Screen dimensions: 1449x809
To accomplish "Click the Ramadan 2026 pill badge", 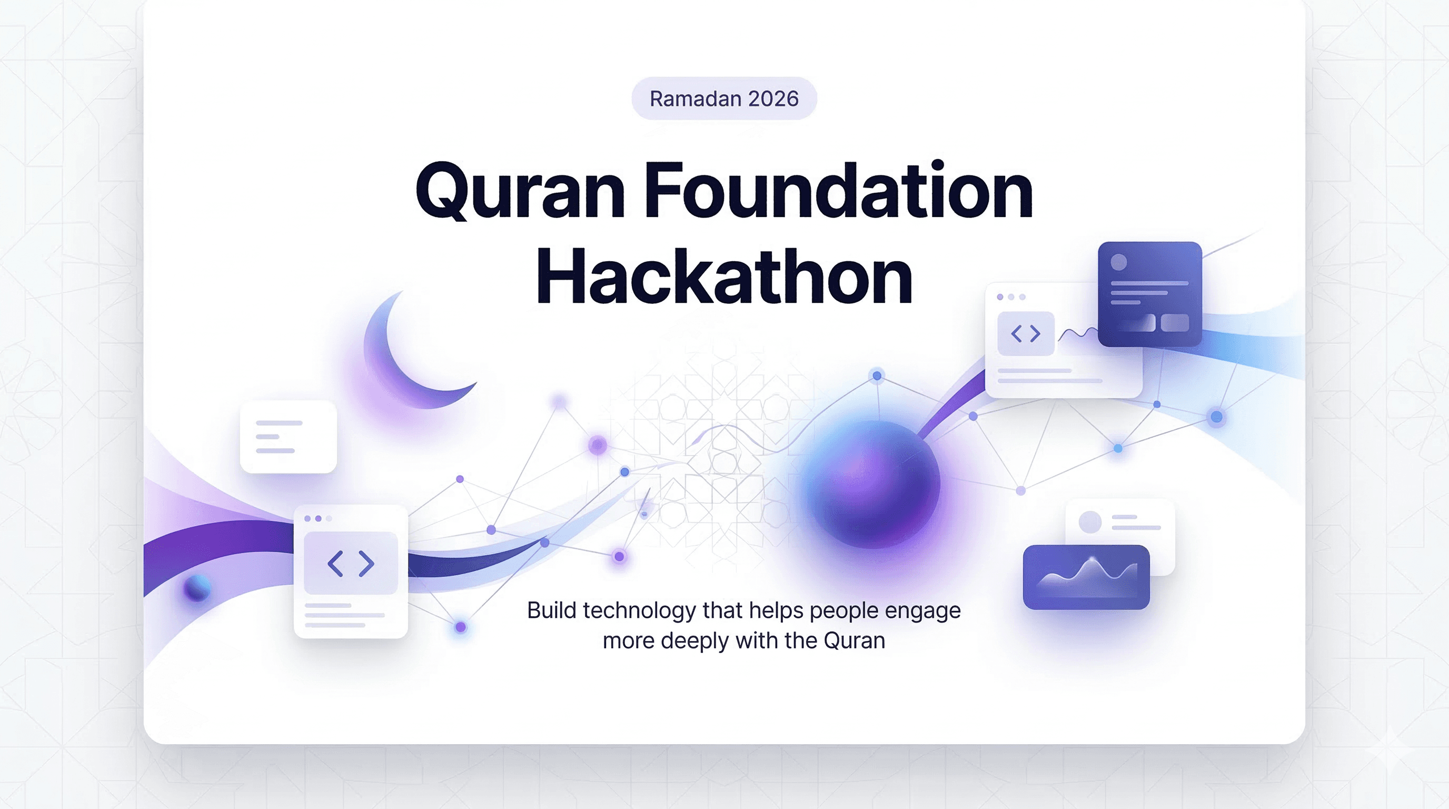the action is (x=724, y=98).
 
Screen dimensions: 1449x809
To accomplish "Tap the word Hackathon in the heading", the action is (x=724, y=275).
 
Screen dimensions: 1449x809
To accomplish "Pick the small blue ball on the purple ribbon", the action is (x=197, y=588).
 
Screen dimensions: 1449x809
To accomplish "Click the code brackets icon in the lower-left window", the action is (x=351, y=563).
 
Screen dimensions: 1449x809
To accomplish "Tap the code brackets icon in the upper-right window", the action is (x=1026, y=333).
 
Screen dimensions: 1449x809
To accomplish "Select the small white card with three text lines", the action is (x=288, y=437).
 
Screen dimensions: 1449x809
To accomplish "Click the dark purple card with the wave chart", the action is (x=1086, y=577).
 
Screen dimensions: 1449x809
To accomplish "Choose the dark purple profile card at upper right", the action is (x=1150, y=294).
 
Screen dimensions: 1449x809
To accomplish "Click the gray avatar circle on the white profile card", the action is (x=1090, y=522).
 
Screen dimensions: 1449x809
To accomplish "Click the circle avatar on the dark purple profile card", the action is (x=1119, y=262).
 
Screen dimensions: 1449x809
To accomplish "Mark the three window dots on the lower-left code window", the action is (x=319, y=518).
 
